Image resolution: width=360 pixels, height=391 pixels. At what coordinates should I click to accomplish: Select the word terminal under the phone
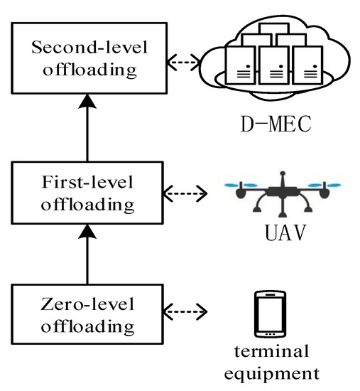(x=273, y=352)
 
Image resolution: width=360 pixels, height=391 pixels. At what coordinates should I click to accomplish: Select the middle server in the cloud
(x=273, y=67)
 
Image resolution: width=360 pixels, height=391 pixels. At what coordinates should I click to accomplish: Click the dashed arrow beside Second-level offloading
(x=182, y=63)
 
